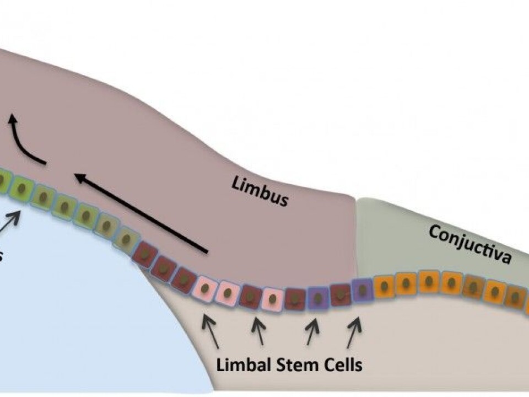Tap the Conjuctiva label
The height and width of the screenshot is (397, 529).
[x=469, y=245]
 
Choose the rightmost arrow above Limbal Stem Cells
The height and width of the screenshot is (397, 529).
[x=354, y=332]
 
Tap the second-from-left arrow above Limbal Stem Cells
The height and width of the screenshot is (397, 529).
[x=257, y=331]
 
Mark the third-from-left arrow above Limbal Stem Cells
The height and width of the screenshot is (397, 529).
[x=312, y=332]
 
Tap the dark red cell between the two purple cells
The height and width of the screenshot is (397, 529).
[x=341, y=294]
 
